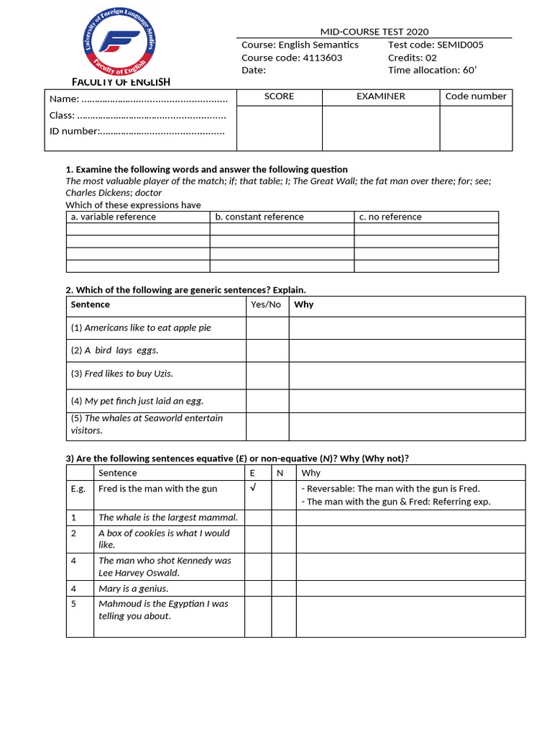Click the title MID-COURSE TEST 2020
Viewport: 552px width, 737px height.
(x=374, y=32)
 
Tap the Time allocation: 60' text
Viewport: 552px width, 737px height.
(x=432, y=70)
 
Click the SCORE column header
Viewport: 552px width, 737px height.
(x=279, y=96)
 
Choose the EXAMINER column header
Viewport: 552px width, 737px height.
(x=380, y=96)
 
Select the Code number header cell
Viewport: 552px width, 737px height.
(x=475, y=96)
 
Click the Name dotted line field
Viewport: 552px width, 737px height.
(x=155, y=99)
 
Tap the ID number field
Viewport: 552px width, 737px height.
(x=162, y=131)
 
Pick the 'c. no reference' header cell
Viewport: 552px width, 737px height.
(x=390, y=217)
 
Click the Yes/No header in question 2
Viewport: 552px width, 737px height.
(x=265, y=304)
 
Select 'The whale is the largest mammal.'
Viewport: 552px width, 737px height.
(x=167, y=517)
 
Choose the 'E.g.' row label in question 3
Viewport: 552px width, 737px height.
(x=79, y=489)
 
